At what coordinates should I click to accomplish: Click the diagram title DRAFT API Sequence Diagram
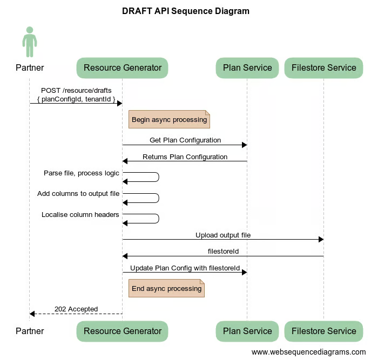point(186,11)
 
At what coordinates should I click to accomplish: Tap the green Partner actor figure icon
point(30,42)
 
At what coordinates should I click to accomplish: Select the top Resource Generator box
point(123,68)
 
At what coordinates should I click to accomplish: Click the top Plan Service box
point(247,68)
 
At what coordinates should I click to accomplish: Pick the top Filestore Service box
point(323,68)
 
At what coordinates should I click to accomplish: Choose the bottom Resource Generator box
point(123,331)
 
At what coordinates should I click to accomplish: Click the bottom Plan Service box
point(247,331)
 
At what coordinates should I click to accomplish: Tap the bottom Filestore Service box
point(323,331)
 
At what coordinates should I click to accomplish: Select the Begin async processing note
point(169,120)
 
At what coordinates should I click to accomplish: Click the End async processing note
point(166,289)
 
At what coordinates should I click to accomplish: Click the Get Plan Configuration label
point(185,140)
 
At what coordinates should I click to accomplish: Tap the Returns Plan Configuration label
point(185,157)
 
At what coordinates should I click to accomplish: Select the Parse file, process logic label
point(82,173)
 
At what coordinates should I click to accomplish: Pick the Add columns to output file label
point(78,193)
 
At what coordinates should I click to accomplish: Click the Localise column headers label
point(80,214)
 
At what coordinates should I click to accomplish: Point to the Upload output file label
point(223,235)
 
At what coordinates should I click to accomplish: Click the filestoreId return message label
point(223,252)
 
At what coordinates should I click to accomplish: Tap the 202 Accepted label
point(76,309)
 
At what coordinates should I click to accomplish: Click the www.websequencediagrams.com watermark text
point(308,352)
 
